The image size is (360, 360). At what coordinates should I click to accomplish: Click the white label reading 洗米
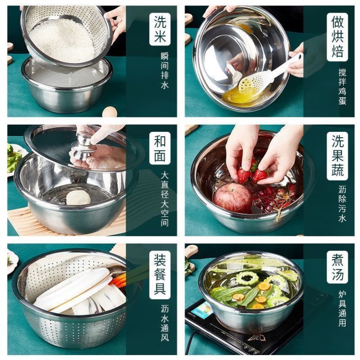coord(160,29)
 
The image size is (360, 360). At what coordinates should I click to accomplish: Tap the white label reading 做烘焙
coord(338,37)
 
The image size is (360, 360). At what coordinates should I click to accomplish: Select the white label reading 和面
coord(160,148)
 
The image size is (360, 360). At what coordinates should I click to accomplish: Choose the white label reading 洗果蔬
coord(338,156)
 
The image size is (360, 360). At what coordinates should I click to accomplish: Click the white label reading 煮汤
coord(338,267)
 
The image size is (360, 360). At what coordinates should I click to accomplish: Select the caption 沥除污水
coord(342,204)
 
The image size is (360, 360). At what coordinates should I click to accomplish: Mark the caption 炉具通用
coord(342,308)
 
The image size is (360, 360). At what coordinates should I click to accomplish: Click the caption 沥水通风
coord(165,323)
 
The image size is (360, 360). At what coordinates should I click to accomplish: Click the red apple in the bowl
coord(233,198)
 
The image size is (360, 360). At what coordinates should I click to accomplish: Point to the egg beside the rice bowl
coord(110,112)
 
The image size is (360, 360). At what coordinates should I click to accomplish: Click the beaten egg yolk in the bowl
coord(240,96)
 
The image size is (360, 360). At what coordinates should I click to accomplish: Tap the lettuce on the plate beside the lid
coord(13,157)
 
